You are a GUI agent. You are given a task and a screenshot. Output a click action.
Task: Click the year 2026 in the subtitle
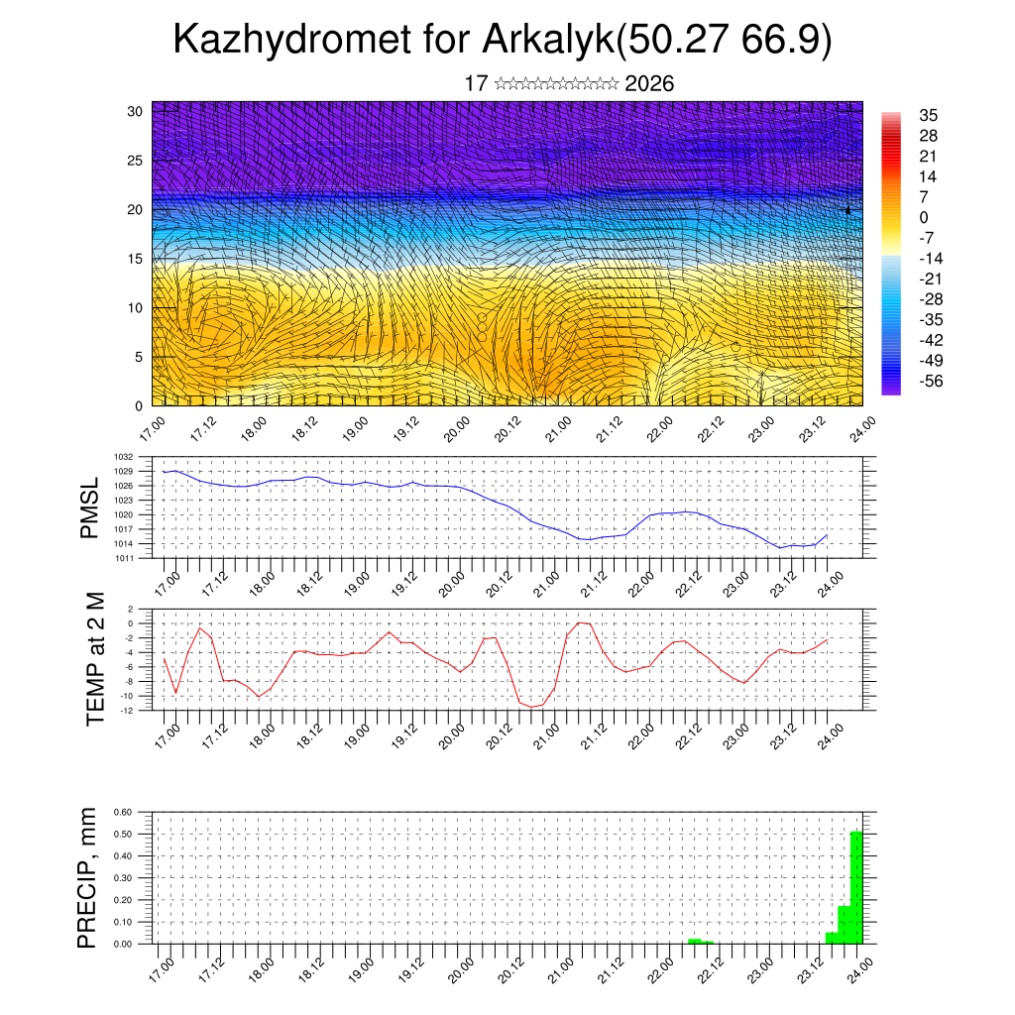(x=649, y=84)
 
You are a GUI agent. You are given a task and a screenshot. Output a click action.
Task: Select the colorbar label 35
(x=929, y=115)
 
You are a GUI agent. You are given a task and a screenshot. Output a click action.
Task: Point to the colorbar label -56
(x=930, y=381)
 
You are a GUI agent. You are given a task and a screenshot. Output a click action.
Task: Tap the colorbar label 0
(x=925, y=217)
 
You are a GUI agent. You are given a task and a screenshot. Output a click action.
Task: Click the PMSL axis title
(x=90, y=507)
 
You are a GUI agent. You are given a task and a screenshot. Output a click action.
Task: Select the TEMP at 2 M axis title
(x=95, y=658)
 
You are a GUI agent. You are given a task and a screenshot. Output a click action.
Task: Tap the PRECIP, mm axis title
(x=88, y=877)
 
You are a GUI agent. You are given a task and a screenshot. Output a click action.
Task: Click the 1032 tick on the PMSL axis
(x=124, y=457)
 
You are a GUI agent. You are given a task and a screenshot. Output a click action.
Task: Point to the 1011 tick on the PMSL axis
(x=124, y=559)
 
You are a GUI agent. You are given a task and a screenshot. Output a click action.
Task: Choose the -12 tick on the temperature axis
(x=127, y=710)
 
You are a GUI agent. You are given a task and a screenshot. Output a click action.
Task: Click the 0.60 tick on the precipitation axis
(x=122, y=812)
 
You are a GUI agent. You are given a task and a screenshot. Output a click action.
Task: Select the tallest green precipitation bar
(x=856, y=887)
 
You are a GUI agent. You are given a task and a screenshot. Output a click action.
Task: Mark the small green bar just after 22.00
(x=695, y=941)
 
